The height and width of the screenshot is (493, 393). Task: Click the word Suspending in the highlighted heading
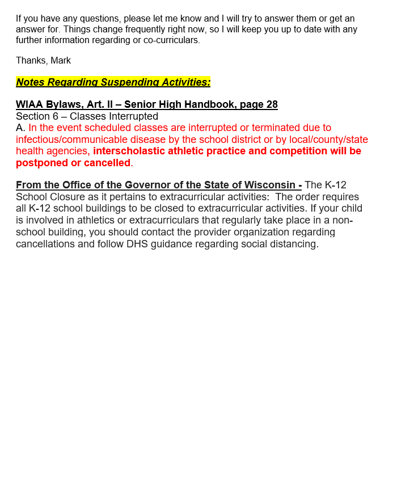click(120, 82)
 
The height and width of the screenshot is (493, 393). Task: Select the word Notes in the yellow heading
click(30, 82)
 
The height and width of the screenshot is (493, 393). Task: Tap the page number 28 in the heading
click(272, 104)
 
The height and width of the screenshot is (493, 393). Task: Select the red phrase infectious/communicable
click(69, 140)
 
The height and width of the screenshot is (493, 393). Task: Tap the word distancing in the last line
click(293, 244)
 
